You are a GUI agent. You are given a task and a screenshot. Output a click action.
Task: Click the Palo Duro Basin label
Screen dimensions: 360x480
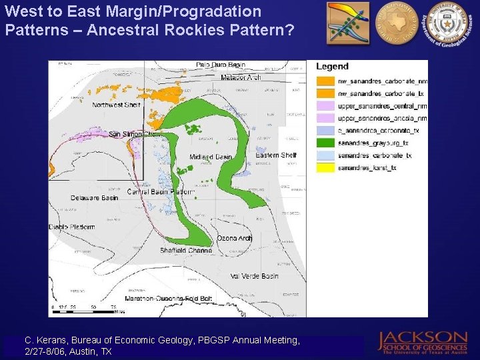(221, 65)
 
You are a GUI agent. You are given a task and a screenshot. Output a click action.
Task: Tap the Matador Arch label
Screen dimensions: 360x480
(240, 77)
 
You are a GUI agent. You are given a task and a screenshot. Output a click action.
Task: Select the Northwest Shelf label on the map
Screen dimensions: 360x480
(116, 105)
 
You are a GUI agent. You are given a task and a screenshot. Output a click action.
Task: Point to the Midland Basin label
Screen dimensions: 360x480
(211, 157)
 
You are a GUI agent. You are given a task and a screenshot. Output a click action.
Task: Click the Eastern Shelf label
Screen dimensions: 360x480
(276, 155)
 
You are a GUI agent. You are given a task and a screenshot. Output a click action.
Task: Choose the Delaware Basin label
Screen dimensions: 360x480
(94, 198)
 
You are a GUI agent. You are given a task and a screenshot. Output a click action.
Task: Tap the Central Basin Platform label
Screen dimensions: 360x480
(160, 192)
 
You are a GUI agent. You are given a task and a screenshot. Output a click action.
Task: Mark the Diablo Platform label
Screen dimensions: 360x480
(71, 227)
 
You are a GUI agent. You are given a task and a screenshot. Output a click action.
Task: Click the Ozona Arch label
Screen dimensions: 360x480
(235, 238)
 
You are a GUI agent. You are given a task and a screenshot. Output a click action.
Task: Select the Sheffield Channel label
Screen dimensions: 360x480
(186, 251)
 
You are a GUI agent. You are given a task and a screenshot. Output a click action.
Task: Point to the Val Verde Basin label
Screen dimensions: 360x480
(254, 276)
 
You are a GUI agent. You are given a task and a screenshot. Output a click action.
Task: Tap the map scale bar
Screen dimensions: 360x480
(87, 307)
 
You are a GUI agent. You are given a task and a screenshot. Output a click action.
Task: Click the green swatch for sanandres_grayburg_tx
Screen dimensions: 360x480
(325, 143)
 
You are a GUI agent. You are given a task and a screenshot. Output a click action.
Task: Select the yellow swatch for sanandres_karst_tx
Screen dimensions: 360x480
(325, 168)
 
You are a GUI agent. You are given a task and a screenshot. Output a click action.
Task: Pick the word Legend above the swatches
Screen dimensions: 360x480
(332, 67)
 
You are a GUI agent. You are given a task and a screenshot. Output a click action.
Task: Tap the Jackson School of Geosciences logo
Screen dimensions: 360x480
(423, 341)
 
